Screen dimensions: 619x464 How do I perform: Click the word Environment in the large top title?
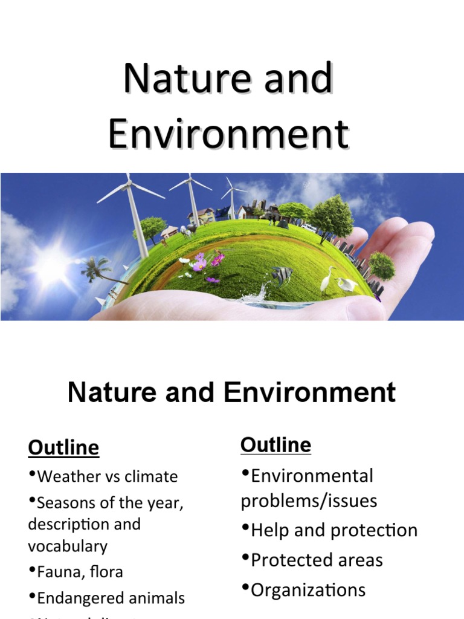coord(228,134)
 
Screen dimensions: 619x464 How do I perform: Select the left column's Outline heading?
coord(63,448)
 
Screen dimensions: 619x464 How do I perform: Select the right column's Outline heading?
coord(275,445)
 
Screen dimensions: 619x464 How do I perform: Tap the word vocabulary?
coord(68,546)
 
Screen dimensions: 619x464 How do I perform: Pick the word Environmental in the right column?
coord(312,476)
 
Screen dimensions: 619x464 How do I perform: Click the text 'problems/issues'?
coord(309,501)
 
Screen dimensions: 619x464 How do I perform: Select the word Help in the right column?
coord(271,530)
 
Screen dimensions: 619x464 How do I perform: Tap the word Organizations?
coord(308,589)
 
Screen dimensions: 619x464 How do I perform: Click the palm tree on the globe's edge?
coord(97,269)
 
